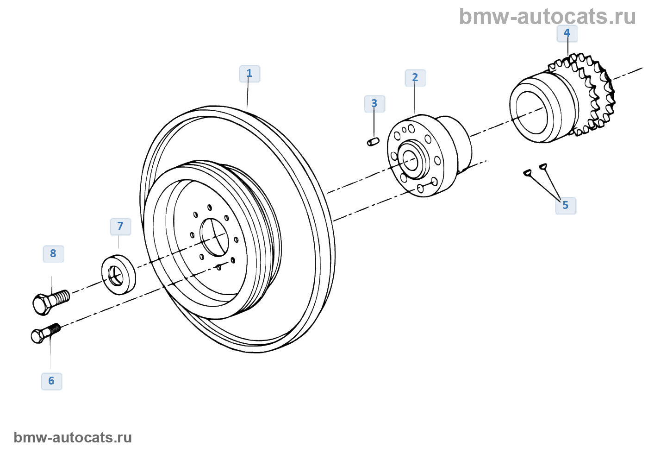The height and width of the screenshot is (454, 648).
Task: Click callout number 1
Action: (249, 74)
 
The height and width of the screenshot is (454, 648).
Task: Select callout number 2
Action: (415, 78)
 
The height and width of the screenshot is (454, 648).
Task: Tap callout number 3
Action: (374, 104)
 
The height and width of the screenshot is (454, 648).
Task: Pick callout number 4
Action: (567, 33)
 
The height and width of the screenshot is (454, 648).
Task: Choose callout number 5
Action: (566, 205)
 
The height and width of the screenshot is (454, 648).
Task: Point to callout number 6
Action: (51, 381)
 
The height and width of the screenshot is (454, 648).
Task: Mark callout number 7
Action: (120, 226)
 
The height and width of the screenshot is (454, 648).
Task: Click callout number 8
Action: (53, 253)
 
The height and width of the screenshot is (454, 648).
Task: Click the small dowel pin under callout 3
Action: (374, 141)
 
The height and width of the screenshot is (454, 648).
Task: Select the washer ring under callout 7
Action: (119, 274)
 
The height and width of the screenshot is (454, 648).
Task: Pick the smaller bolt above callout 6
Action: (45, 332)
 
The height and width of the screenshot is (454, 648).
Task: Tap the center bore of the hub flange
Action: (410, 160)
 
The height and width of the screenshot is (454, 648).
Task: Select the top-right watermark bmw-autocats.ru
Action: (547, 17)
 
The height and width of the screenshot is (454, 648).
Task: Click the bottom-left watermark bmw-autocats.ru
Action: (73, 437)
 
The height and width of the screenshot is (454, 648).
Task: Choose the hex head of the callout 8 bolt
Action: (42, 304)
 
